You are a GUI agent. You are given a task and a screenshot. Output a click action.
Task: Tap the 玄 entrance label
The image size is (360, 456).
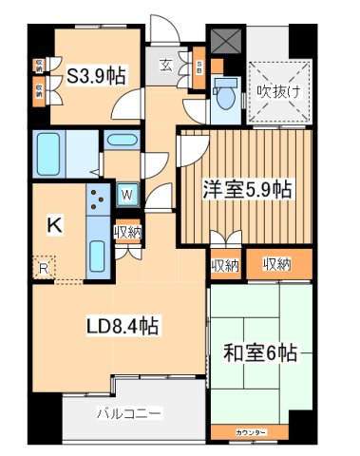click(165, 66)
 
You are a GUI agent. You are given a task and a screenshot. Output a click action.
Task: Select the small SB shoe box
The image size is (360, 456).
click(199, 68)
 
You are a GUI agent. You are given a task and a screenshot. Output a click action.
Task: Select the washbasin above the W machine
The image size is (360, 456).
click(122, 142)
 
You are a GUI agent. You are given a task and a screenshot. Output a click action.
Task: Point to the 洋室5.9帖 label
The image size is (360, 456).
click(244, 189)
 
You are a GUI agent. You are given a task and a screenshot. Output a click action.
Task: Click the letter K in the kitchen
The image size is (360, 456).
click(55, 225)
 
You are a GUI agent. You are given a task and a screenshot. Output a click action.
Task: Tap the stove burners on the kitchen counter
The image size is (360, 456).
click(98, 199)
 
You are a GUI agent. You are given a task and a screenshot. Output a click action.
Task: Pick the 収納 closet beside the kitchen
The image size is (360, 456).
click(128, 233)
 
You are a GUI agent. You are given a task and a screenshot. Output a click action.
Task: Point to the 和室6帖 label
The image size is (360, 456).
click(261, 354)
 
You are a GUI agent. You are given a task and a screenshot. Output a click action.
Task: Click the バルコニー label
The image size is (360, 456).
click(128, 413)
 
